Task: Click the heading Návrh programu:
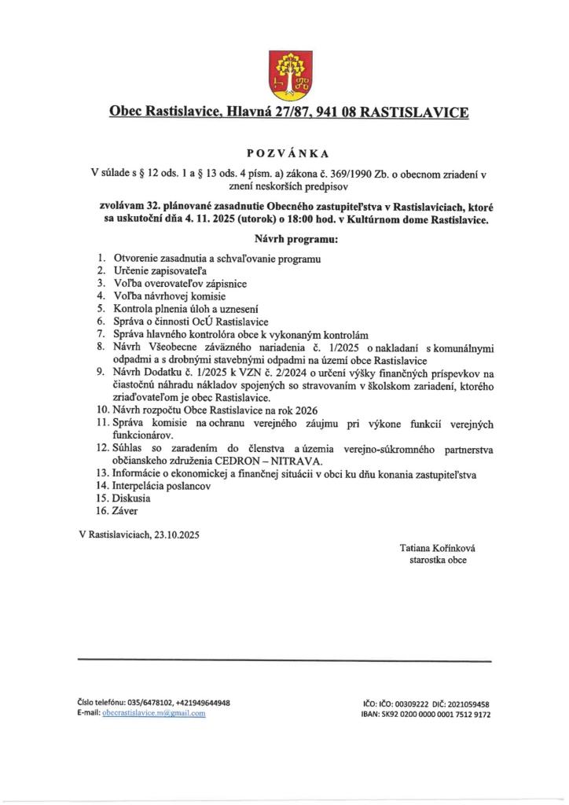click(284, 238)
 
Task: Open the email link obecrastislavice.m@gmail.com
click(154, 713)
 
